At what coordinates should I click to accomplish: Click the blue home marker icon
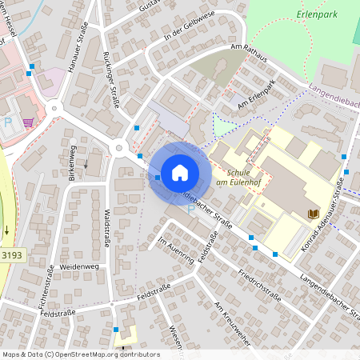click(x=180, y=172)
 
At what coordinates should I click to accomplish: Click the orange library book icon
click(x=313, y=213)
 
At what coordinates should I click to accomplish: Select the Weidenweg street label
click(x=78, y=265)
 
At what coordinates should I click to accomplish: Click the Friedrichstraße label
click(x=259, y=283)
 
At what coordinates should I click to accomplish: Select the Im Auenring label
click(x=176, y=249)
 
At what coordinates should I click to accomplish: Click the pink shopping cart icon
click(x=29, y=122)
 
